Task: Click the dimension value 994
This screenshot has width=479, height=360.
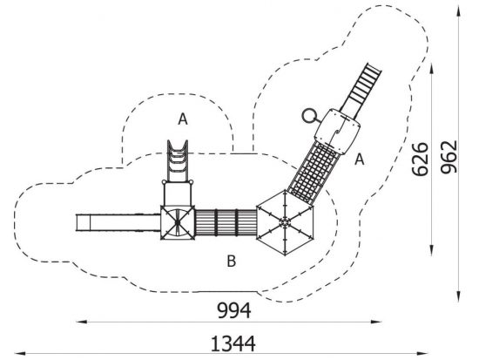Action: pyautogui.click(x=234, y=310)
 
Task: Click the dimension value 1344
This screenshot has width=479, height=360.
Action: pyautogui.click(x=233, y=343)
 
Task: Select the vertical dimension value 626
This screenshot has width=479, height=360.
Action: pyautogui.click(x=420, y=159)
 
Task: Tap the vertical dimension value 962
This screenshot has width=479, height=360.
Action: pyautogui.click(x=449, y=157)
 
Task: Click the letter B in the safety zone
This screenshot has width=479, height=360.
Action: pyautogui.click(x=232, y=262)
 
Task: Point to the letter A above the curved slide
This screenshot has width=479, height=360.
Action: pyautogui.click(x=183, y=119)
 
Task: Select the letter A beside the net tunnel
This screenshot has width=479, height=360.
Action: pyautogui.click(x=360, y=159)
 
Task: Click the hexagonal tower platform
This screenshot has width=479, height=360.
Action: pyautogui.click(x=285, y=222)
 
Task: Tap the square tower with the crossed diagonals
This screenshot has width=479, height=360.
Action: pyautogui.click(x=178, y=222)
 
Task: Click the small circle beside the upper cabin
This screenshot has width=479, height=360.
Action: pyautogui.click(x=310, y=116)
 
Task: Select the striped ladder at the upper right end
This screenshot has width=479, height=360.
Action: pyautogui.click(x=361, y=91)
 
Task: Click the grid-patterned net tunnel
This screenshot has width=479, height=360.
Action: pyautogui.click(x=314, y=173)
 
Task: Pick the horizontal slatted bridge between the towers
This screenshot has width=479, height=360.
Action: pyautogui.click(x=226, y=222)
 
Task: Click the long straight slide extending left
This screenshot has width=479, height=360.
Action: pyautogui.click(x=118, y=222)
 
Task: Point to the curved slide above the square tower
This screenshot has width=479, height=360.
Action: pyautogui.click(x=178, y=161)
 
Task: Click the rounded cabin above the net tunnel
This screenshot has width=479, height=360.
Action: pyautogui.click(x=338, y=132)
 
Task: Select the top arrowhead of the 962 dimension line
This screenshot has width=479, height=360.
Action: pyautogui.click(x=459, y=11)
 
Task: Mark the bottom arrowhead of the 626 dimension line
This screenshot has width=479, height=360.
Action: pyautogui.click(x=431, y=250)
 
